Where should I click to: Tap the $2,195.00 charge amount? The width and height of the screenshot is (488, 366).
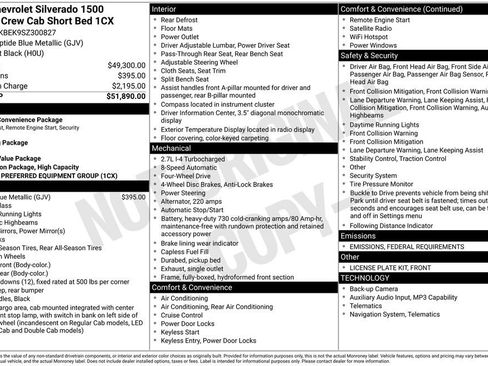(125, 86)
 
